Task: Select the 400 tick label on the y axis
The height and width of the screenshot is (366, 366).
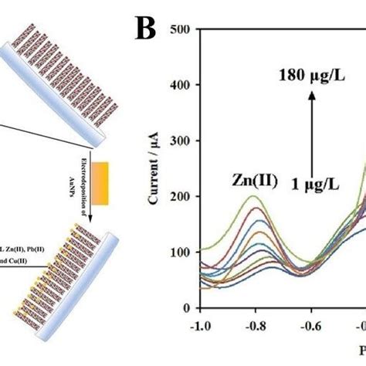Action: tap(181, 86)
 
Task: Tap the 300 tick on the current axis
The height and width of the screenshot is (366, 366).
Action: tap(181, 141)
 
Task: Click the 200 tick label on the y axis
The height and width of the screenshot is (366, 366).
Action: tap(181, 196)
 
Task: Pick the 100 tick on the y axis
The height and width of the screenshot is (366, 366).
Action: tap(181, 252)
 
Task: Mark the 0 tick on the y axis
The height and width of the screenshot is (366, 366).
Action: tap(188, 307)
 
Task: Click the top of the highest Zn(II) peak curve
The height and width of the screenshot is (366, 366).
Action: tap(253, 196)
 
